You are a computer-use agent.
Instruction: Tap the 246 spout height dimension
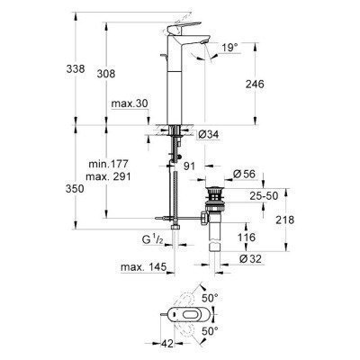point(258,85)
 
